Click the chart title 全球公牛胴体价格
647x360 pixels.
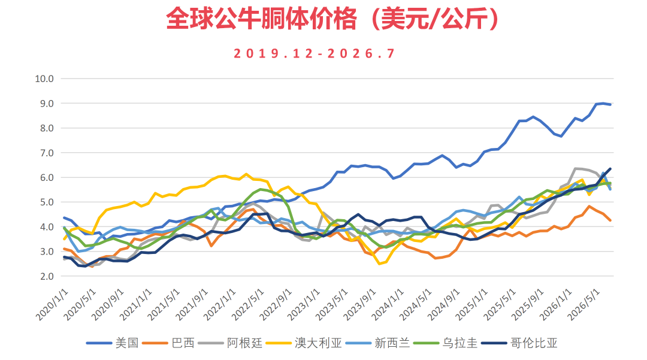[x=261, y=19]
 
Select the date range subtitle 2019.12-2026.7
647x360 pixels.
[x=315, y=53]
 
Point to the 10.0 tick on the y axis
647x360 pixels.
[x=44, y=78]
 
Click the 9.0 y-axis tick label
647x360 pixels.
[x=47, y=103]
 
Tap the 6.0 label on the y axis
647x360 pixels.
[x=47, y=177]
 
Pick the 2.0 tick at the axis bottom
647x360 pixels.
[x=47, y=276]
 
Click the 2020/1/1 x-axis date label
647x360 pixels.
[x=52, y=304]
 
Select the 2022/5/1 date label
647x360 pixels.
[x=247, y=304]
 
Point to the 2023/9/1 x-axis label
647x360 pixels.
[x=359, y=304]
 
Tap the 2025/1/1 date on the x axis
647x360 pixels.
[x=471, y=304]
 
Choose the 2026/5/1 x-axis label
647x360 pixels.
[x=583, y=304]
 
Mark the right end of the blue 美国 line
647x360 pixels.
[x=610, y=105]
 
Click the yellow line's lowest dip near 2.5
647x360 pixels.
[x=379, y=264]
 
